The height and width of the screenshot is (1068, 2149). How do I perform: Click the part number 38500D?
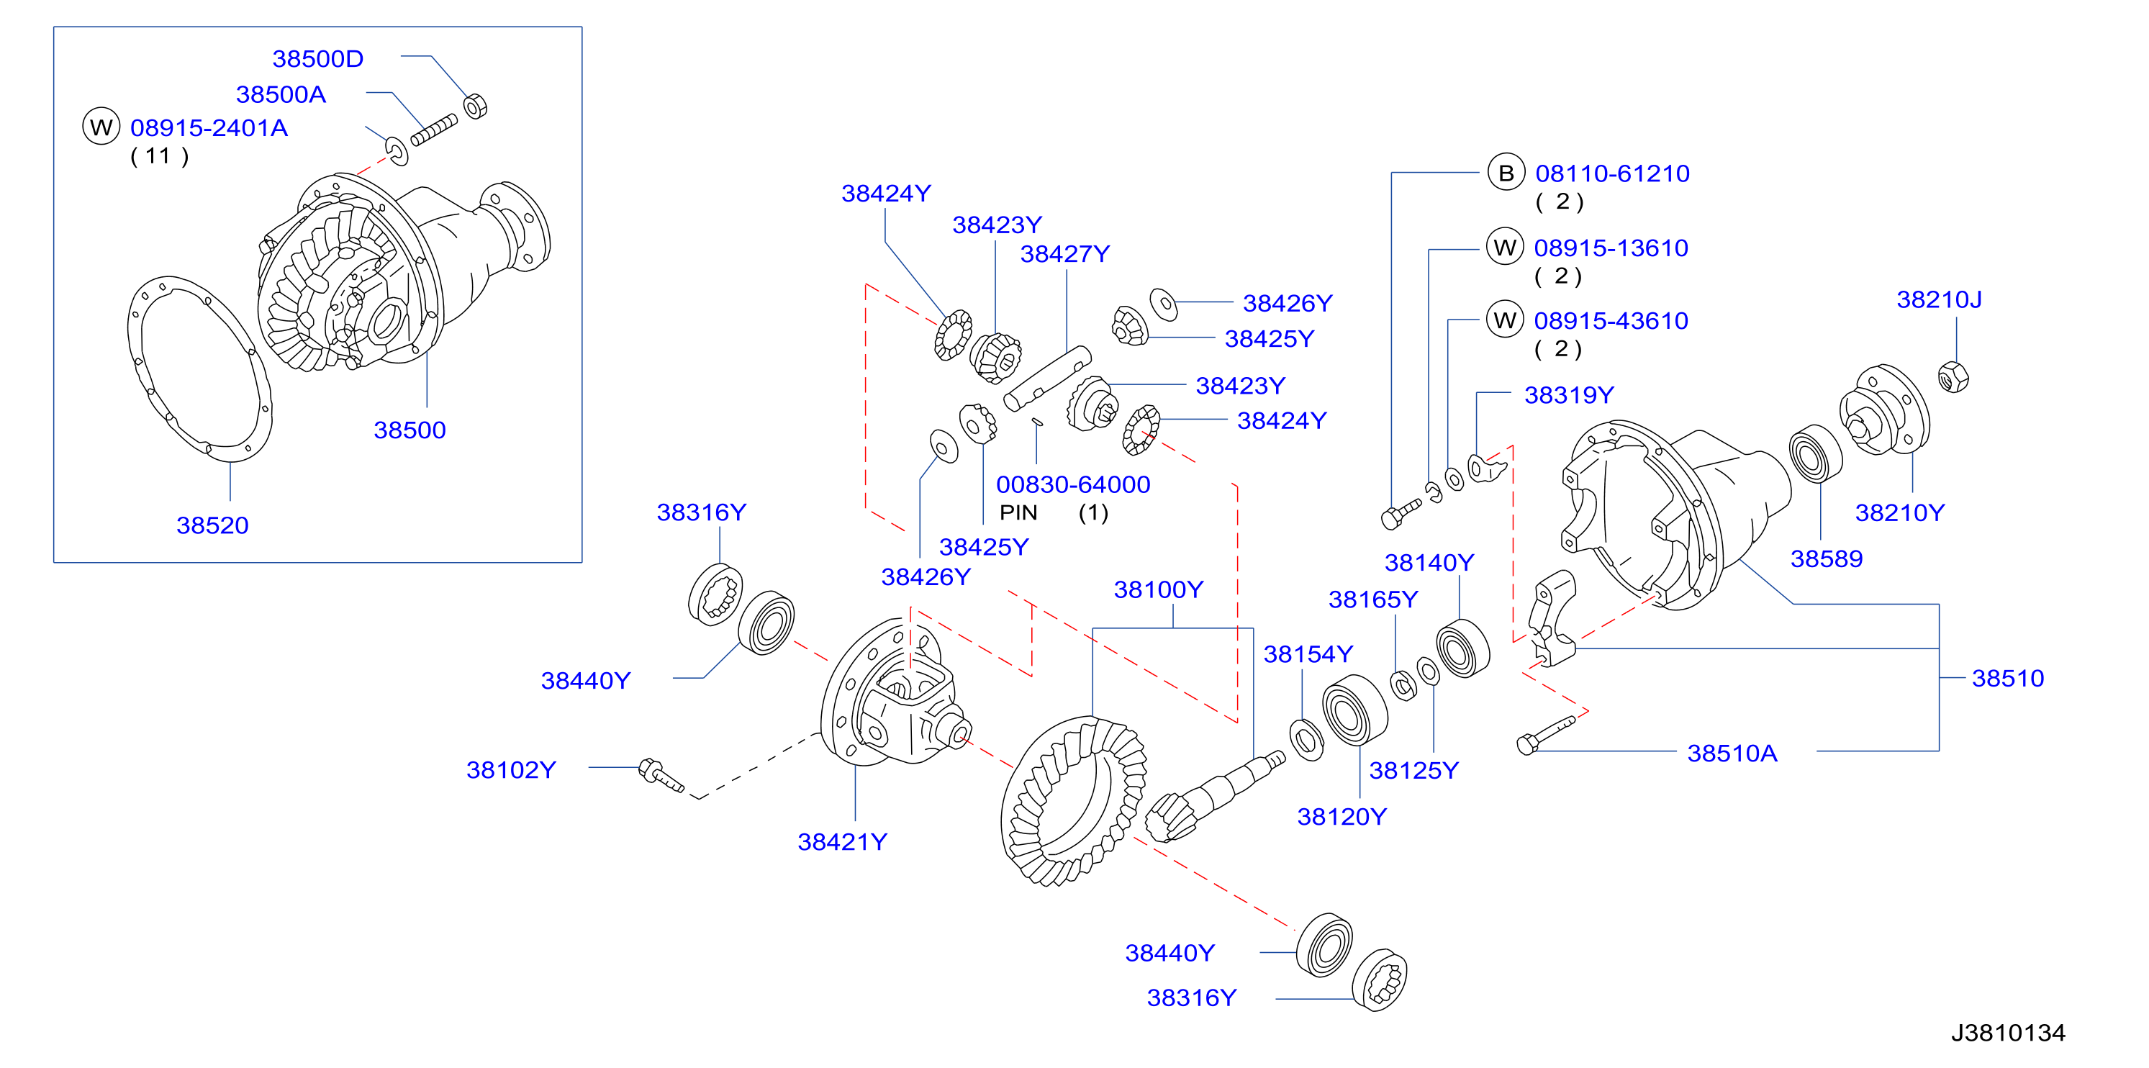tap(318, 59)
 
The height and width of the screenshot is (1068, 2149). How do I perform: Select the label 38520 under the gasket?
tap(213, 525)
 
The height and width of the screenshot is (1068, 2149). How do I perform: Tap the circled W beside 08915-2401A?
tap(101, 127)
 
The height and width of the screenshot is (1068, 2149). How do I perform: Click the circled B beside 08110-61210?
tap(1506, 173)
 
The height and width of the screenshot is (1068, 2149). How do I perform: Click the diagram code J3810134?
tap(2008, 1033)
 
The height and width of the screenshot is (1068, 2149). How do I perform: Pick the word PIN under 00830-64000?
tap(1018, 512)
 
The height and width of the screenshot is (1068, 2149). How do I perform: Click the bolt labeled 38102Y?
tap(661, 774)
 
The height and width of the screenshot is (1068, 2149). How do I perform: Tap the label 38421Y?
tap(843, 842)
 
